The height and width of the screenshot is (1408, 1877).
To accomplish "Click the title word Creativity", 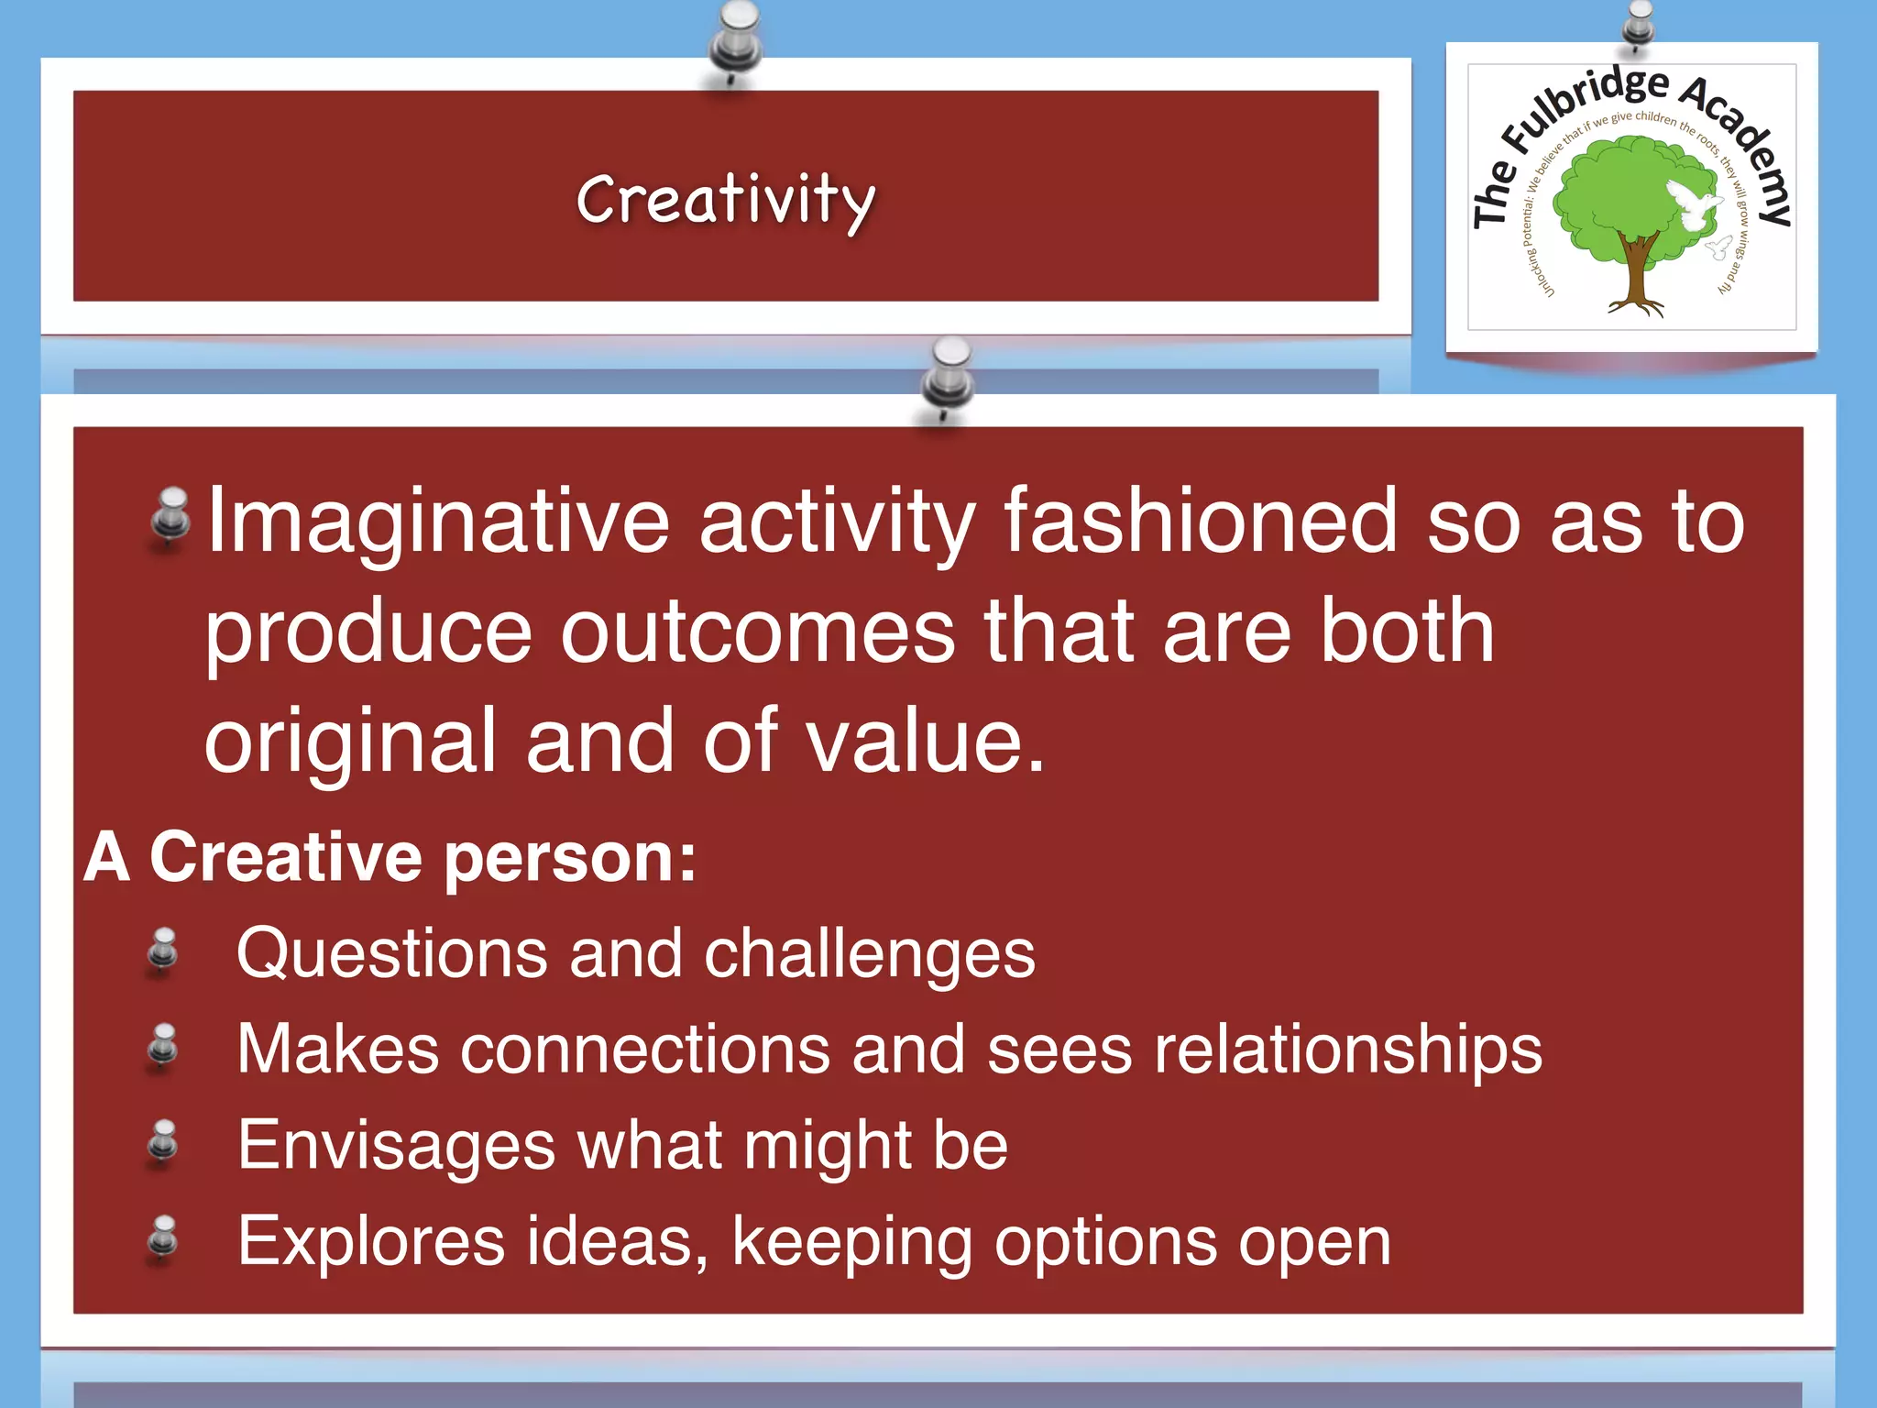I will point(725,200).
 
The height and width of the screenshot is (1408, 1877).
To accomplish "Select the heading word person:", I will point(570,858).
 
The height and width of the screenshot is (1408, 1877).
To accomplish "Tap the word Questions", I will point(391,953).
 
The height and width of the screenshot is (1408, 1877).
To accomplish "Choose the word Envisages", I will point(396,1145).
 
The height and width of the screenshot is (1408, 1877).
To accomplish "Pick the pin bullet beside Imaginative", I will point(170,516).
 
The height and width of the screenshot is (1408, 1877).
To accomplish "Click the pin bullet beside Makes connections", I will point(163,1047).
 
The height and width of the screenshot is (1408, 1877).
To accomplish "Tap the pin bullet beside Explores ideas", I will point(163,1238).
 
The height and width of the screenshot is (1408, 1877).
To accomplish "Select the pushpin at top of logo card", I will point(1638,22).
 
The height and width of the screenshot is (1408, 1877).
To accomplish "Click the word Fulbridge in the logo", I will point(1585,107).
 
